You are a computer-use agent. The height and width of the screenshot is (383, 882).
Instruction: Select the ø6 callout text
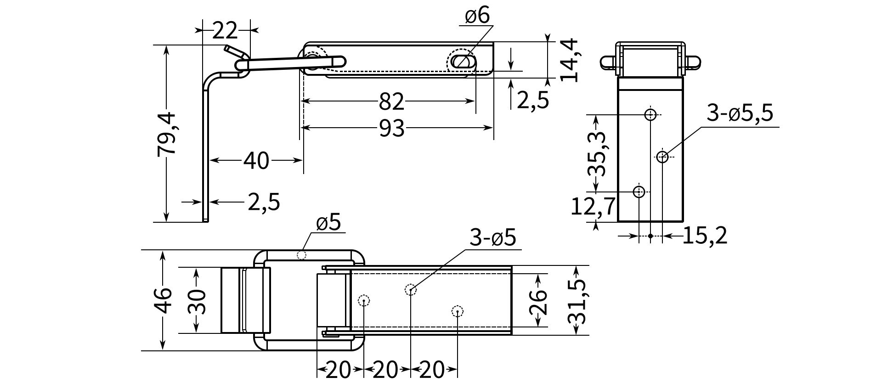pyautogui.click(x=477, y=16)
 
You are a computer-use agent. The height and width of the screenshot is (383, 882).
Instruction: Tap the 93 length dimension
pyautogui.click(x=392, y=129)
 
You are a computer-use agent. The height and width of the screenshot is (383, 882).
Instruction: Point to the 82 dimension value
pyautogui.click(x=391, y=101)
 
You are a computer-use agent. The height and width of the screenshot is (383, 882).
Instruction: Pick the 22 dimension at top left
pyautogui.click(x=225, y=31)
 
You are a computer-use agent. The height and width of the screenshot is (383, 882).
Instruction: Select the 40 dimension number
pyautogui.click(x=256, y=161)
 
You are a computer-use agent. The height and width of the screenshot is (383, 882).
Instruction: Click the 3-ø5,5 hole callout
pyautogui.click(x=740, y=113)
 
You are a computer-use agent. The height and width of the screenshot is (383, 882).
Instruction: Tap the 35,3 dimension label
pyautogui.click(x=597, y=154)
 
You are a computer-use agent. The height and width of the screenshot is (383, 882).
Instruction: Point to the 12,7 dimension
pyautogui.click(x=593, y=207)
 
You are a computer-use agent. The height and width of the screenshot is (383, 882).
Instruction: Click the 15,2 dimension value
pyautogui.click(x=705, y=236)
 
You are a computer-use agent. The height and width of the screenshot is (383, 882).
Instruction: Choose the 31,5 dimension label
pyautogui.click(x=577, y=301)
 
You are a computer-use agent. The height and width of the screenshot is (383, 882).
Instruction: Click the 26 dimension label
pyautogui.click(x=538, y=301)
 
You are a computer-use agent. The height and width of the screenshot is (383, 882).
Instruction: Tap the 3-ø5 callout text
pyautogui.click(x=493, y=238)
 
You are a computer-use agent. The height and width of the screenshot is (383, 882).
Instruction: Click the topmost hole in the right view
pyautogui.click(x=650, y=114)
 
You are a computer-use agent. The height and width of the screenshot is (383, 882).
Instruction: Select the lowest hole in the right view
pyautogui.click(x=639, y=191)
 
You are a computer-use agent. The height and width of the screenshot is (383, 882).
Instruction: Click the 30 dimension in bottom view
pyautogui.click(x=197, y=301)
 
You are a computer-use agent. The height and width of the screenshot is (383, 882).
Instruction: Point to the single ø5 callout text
pyautogui.click(x=328, y=223)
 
